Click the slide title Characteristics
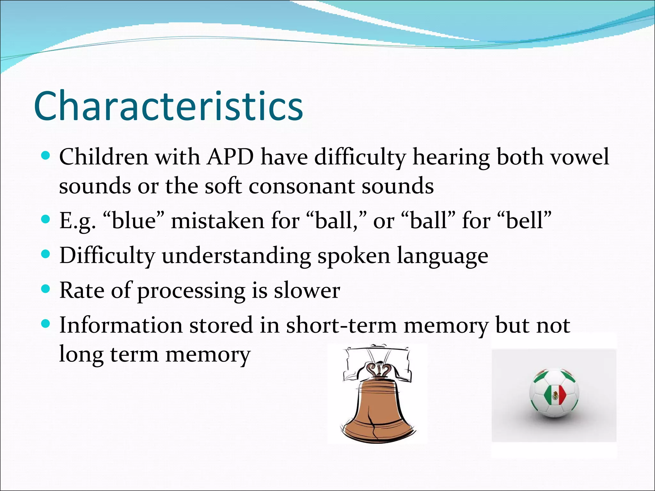[168, 106]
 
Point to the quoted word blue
[134, 221]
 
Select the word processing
[191, 291]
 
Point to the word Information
[121, 325]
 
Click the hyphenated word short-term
[341, 325]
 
